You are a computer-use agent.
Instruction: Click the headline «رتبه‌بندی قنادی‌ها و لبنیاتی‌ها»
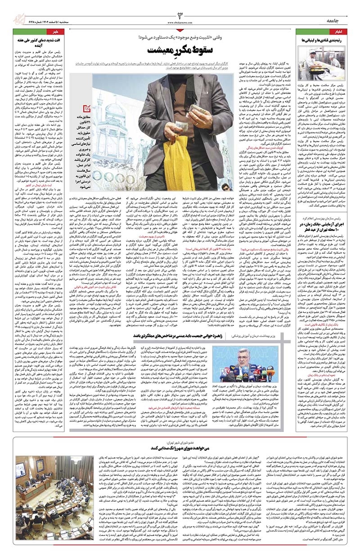(x=324, y=41)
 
